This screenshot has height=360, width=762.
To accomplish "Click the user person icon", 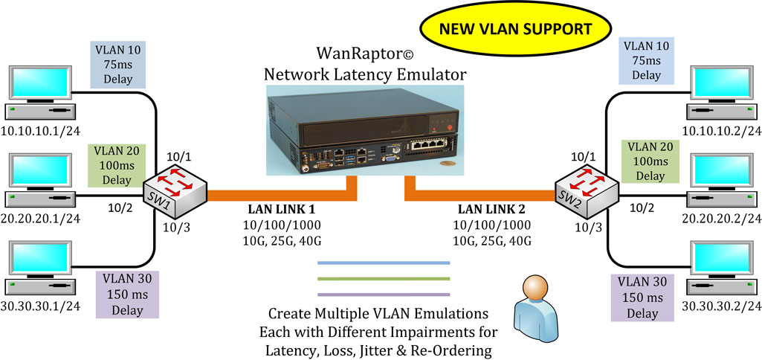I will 537,298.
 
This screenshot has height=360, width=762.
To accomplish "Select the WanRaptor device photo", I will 364,126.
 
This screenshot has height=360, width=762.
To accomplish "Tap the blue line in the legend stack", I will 384,263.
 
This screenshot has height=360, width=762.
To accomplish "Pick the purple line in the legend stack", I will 384,295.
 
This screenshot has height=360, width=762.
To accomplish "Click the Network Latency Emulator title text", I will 365,74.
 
